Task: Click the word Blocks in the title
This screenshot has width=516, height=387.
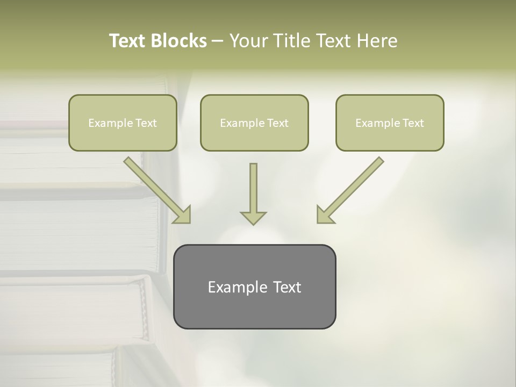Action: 180,41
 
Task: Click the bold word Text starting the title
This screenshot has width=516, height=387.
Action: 130,41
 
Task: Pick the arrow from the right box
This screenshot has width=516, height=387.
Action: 352,188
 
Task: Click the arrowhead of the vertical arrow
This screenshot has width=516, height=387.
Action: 253,217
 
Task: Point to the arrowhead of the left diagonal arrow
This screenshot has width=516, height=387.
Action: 183,214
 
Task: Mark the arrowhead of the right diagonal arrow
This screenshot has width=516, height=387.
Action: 324,214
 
